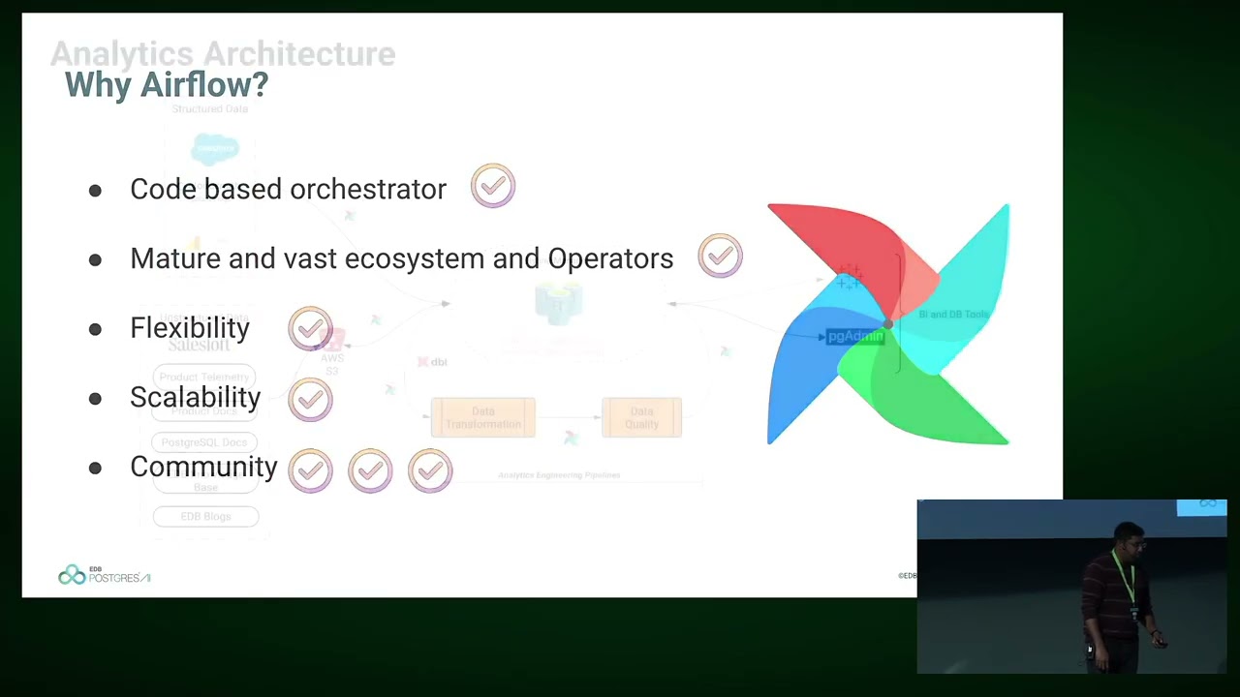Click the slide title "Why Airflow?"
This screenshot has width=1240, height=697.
click(x=166, y=85)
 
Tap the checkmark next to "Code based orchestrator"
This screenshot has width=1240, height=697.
click(x=493, y=186)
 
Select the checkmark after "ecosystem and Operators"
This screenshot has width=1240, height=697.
click(x=720, y=257)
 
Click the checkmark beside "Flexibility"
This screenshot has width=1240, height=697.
click(x=310, y=329)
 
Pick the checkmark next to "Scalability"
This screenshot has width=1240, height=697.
click(x=310, y=399)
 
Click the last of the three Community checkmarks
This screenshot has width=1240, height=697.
click(x=430, y=470)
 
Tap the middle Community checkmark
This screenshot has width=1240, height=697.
click(x=370, y=470)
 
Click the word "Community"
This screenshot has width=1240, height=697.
click(x=203, y=468)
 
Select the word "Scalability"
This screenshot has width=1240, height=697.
click(x=195, y=398)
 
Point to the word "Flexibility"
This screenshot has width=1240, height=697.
click(x=190, y=328)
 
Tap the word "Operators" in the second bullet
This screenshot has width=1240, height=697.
click(x=610, y=259)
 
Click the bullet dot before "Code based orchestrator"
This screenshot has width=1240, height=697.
click(x=95, y=191)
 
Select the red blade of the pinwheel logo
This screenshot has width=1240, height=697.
click(x=833, y=237)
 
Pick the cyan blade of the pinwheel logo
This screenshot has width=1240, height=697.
click(x=969, y=281)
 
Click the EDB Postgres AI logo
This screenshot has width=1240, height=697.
click(x=104, y=576)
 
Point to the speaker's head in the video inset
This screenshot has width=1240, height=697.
click(x=1127, y=535)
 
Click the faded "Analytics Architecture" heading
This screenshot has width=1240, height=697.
click(x=223, y=54)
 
